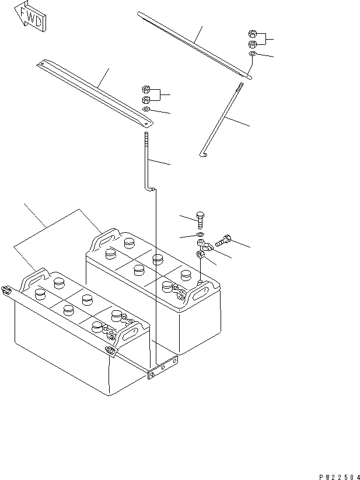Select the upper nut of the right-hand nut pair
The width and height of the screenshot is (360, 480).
coord(252,34)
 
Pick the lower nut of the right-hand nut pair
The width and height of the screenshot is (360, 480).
coord(252,44)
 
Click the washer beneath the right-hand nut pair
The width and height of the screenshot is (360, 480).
coord(251,54)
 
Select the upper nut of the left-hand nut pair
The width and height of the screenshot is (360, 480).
coord(146,89)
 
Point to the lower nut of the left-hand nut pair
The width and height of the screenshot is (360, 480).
coord(146,99)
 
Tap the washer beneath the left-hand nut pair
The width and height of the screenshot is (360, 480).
coord(146,110)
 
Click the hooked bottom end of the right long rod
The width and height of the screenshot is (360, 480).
coord(202,155)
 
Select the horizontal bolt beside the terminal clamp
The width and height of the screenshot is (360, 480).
coord(225,239)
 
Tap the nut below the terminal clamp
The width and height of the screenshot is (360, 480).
coord(201,255)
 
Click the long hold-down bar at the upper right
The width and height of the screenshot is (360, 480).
coord(195,44)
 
